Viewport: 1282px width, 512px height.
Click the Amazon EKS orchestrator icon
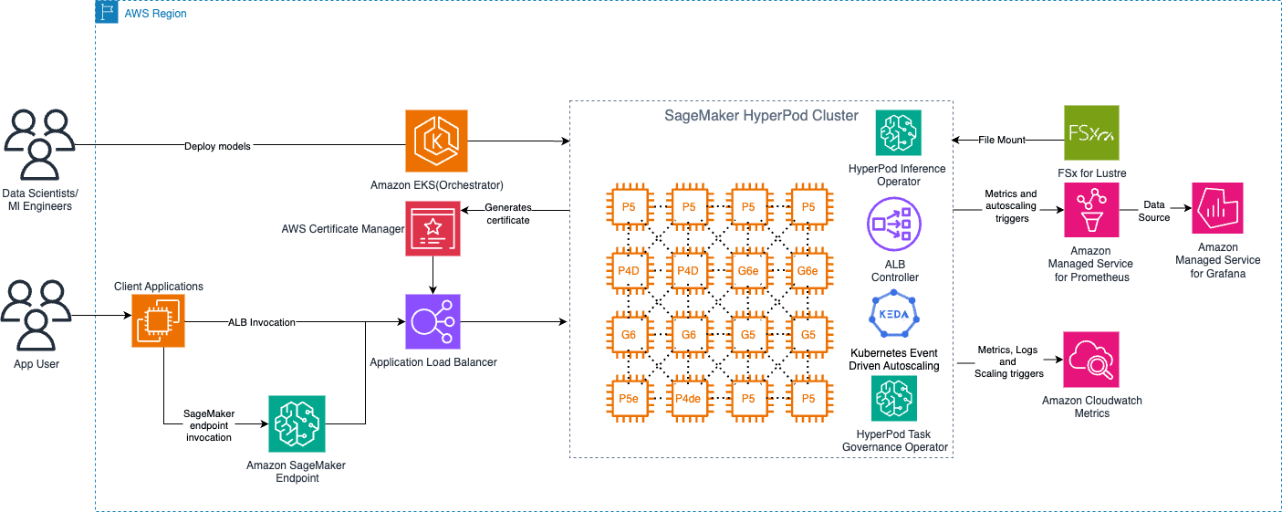(436, 141)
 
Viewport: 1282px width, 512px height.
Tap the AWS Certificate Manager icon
(433, 227)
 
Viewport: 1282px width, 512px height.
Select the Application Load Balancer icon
(433, 321)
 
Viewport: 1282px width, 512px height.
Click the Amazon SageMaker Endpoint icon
(296, 424)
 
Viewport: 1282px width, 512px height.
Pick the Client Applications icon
(159, 321)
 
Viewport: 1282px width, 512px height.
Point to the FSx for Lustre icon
(1091, 132)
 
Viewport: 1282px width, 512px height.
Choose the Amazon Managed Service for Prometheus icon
(1092, 211)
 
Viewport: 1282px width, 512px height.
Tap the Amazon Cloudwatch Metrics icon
(1090, 360)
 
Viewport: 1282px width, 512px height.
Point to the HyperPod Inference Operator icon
(897, 134)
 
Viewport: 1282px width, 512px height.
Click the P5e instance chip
(629, 398)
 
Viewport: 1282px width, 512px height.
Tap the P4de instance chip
(688, 398)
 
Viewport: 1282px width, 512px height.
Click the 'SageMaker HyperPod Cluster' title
(760, 116)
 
